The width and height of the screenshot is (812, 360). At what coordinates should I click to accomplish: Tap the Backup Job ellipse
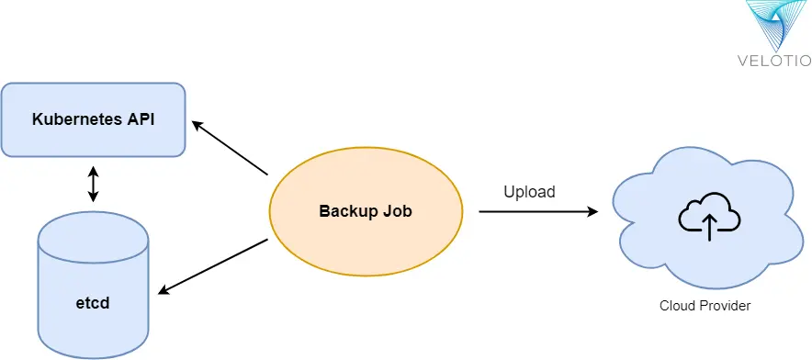365,211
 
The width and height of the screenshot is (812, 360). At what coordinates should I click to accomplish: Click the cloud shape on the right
703,220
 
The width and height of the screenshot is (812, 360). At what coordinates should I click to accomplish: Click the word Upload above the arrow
529,192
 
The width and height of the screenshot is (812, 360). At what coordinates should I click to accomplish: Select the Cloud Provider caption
705,306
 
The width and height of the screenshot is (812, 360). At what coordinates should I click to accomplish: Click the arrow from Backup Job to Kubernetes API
231,148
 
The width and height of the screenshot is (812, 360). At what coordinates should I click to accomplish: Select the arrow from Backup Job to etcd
213,267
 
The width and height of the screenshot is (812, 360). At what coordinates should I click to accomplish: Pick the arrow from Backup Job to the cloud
537,211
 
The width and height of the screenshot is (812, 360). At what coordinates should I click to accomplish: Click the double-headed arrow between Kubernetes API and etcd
92,185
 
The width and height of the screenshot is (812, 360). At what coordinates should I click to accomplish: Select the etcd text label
92,301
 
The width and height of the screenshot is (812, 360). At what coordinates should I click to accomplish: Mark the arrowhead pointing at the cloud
593,211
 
